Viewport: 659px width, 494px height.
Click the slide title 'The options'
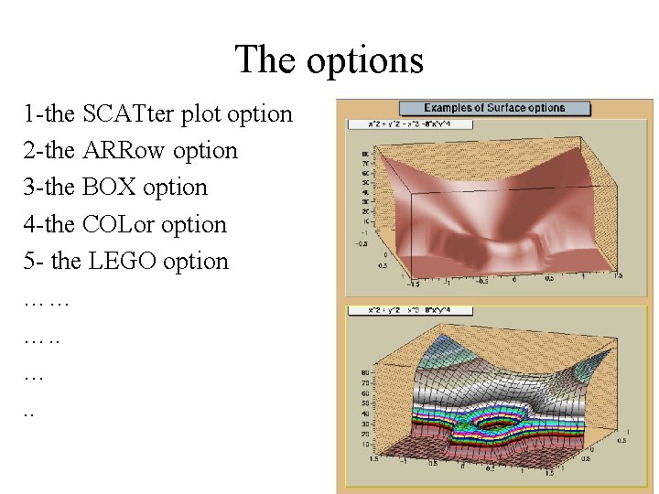[x=329, y=60]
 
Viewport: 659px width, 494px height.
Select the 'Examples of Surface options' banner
[x=494, y=108]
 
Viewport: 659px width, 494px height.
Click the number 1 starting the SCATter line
[x=29, y=114]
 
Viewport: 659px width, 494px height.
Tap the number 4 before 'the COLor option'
[x=29, y=224]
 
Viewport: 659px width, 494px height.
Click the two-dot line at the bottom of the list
[x=28, y=413]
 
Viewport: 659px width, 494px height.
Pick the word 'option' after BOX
[x=175, y=188]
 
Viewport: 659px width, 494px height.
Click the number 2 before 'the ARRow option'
[x=29, y=151]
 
